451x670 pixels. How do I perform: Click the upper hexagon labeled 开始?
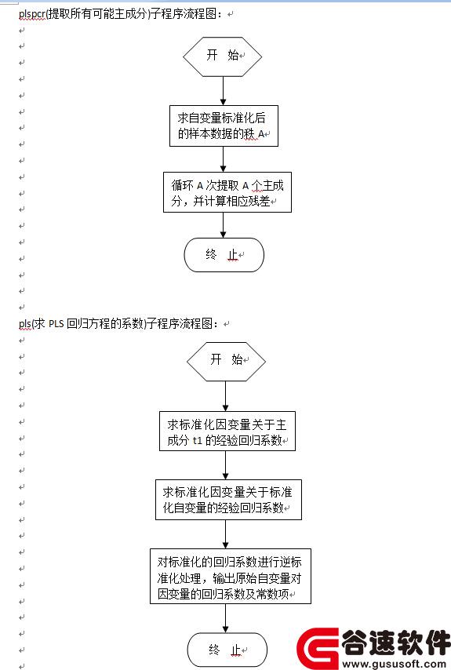point(222,56)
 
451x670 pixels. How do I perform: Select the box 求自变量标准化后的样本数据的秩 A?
point(224,126)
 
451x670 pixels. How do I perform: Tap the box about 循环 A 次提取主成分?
point(227,192)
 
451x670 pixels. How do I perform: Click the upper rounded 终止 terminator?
point(224,255)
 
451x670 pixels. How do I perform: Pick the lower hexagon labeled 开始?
point(226,362)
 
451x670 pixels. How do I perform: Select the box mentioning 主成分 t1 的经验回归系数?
point(227,431)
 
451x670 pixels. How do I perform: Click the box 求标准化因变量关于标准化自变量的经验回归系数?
point(228,500)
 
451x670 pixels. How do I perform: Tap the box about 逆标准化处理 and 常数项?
point(230,576)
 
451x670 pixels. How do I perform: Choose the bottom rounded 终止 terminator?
point(227,650)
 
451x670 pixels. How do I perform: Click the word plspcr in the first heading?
point(32,14)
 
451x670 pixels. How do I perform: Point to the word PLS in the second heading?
point(56,323)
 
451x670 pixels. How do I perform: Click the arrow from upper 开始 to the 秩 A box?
point(223,91)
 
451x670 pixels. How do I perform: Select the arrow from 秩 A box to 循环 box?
point(223,159)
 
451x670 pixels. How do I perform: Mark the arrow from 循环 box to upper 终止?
point(223,225)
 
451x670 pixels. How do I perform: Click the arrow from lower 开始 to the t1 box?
point(226,396)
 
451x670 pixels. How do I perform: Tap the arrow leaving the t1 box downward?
point(226,465)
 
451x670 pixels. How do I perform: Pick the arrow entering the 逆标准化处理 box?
point(226,534)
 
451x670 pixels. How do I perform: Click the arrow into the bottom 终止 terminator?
point(226,618)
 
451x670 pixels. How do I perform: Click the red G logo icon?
point(318,648)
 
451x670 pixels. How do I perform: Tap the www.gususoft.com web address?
point(395,664)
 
